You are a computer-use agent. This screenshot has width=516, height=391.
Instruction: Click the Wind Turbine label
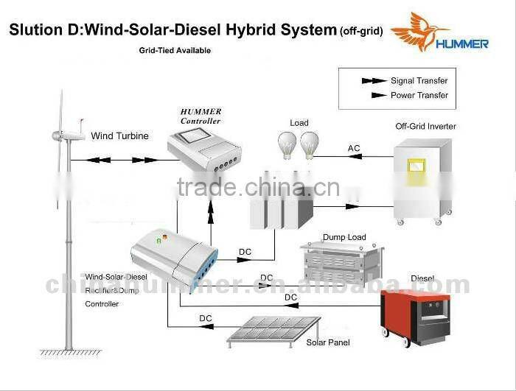coord(119,136)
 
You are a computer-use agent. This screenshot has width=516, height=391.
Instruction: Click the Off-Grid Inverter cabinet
coord(421,184)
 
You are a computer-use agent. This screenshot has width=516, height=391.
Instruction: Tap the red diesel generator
coord(414,315)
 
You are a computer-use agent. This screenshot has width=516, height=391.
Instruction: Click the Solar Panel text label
coord(329,342)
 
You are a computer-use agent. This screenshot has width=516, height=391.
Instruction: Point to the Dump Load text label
coord(344,237)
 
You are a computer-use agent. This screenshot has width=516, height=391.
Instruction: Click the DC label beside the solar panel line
coord(206,318)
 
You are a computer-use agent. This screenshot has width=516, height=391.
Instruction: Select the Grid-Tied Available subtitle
coord(175,51)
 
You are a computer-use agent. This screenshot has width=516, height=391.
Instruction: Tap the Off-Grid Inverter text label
coord(425,127)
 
